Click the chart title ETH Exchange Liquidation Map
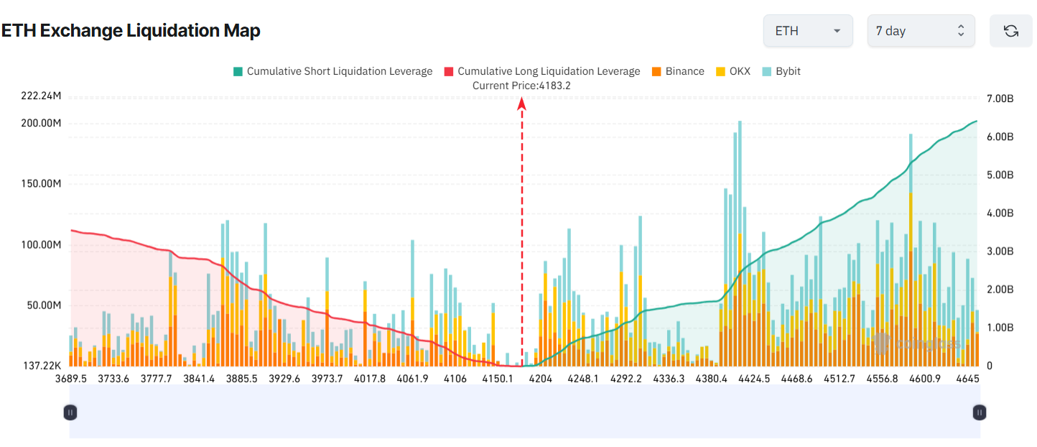coord(131,31)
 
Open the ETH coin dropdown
coord(807,31)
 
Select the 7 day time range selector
coord(921,31)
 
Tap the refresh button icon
coord(1010,31)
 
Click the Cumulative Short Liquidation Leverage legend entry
coord(333,71)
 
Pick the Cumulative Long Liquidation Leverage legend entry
coord(541,71)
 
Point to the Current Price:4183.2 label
coord(521,86)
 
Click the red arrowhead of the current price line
coord(522,104)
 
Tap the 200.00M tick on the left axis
coord(41,124)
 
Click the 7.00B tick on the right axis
coord(999,98)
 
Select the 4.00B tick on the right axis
coord(999,213)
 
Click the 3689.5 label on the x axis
coord(71,379)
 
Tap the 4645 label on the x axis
coord(968,379)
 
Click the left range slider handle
coord(70,413)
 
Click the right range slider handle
coord(980,413)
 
